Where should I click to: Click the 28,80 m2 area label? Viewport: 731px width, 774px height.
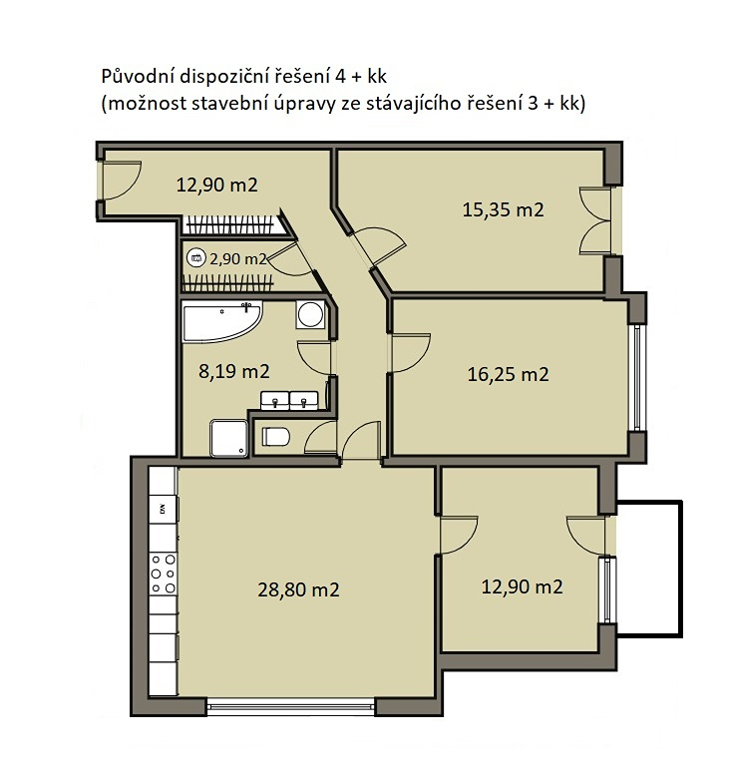298,589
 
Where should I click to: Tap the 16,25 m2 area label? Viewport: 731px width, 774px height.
508,374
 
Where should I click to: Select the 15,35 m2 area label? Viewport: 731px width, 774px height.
503,209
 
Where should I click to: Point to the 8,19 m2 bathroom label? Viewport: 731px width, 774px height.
234,371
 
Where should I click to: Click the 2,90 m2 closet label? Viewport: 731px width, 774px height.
238,258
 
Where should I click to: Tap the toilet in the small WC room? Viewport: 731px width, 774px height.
275,436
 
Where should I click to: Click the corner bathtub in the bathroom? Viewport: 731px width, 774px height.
222,321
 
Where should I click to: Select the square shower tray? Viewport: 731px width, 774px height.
228,438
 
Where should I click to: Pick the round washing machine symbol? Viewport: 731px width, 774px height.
310,314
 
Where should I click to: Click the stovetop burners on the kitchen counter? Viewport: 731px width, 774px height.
163,574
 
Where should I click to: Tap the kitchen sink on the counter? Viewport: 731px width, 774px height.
163,509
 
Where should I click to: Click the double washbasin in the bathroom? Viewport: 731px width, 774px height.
289,400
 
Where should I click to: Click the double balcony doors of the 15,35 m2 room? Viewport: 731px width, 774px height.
594,220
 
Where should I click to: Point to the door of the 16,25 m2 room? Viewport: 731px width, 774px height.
411,353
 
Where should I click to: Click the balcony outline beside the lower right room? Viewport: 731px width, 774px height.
681,569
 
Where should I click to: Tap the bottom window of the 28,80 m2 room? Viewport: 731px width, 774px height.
291,706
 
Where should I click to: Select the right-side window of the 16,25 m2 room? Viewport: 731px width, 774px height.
636,378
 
